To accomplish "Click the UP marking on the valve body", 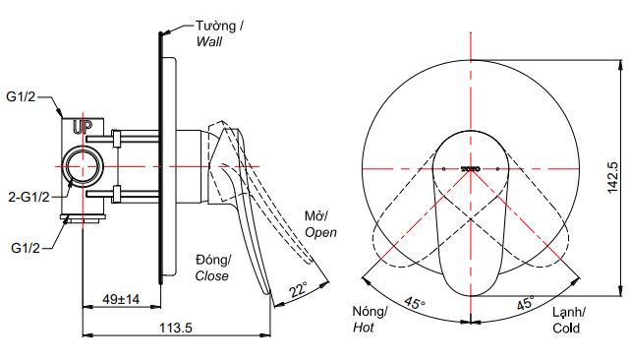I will pos(83,126).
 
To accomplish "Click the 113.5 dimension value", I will pos(176,329).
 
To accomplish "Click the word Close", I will pos(211,276).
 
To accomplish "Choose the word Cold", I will pos(567,329).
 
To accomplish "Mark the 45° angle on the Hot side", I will pos(416,305).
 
